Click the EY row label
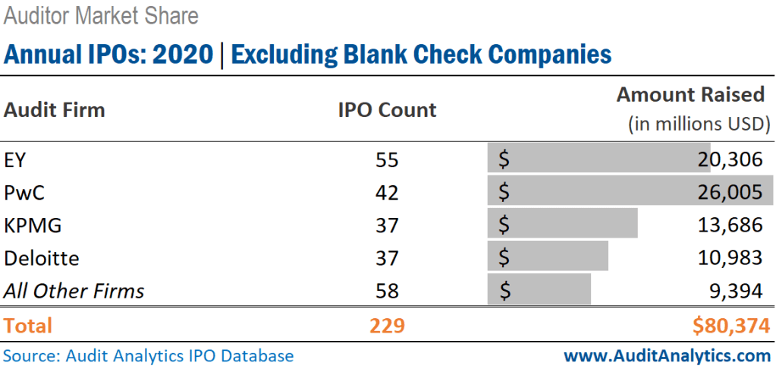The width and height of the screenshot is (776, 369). [15, 160]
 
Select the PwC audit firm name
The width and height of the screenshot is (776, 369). [24, 193]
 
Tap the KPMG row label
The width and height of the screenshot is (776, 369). [33, 225]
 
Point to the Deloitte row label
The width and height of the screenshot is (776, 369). [42, 258]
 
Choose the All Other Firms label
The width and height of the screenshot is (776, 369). [74, 291]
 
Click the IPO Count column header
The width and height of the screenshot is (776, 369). [387, 110]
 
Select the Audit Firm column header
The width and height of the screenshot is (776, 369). [55, 110]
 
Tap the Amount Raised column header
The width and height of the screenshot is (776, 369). [690, 95]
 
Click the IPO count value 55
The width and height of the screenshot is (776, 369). [387, 160]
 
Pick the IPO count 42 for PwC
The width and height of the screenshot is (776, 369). [387, 193]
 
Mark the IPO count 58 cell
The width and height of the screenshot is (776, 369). [387, 291]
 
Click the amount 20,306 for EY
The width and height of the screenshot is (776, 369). [730, 160]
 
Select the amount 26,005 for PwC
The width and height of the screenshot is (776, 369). [730, 193]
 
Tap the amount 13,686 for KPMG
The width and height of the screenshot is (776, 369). [730, 225]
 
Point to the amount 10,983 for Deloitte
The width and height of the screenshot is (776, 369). [730, 258]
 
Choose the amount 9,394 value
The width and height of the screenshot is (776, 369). [736, 291]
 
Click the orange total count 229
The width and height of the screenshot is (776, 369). [387, 326]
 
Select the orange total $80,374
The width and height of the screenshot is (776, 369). [731, 326]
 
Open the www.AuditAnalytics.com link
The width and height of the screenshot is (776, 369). [667, 355]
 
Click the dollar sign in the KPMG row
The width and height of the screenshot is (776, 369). [504, 225]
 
